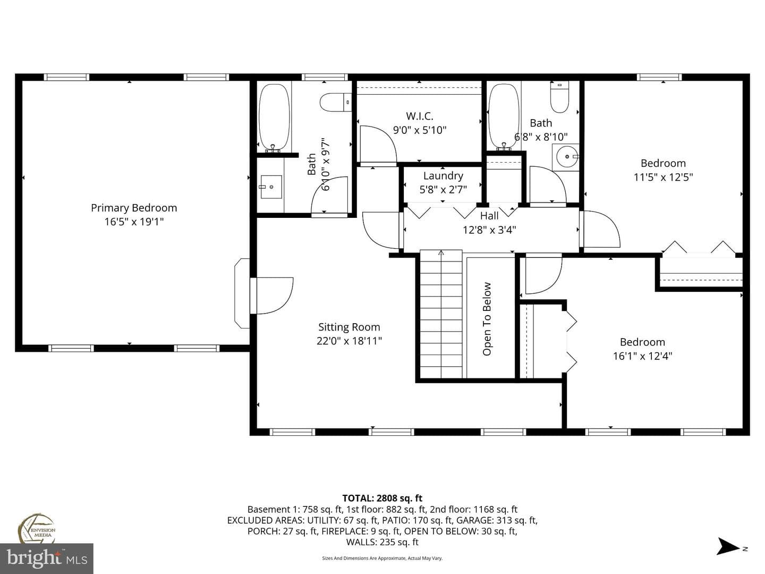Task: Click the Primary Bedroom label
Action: click(x=134, y=208)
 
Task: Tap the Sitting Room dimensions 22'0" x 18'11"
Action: click(x=349, y=341)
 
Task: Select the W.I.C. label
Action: click(x=420, y=116)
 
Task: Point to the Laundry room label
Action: click(x=443, y=176)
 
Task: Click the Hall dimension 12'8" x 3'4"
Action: click(x=489, y=230)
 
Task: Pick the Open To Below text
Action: click(x=487, y=318)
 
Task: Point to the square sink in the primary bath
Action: click(x=271, y=187)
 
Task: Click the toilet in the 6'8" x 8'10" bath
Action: click(x=559, y=97)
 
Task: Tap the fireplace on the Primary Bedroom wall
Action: click(x=243, y=293)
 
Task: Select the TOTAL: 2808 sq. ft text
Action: click(x=382, y=498)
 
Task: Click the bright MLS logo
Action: click(x=47, y=559)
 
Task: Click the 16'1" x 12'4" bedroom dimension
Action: click(x=642, y=356)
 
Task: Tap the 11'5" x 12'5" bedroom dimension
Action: click(x=663, y=178)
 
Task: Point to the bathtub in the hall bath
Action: click(x=504, y=116)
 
